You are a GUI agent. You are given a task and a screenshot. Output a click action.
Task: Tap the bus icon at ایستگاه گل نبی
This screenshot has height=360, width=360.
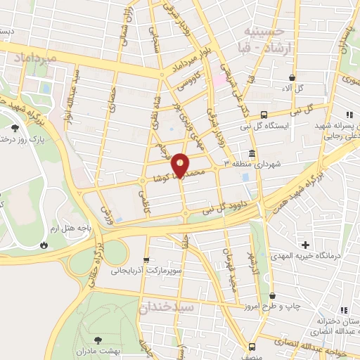[264, 115]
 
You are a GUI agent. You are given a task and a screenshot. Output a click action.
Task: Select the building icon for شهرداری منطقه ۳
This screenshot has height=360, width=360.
[252, 154]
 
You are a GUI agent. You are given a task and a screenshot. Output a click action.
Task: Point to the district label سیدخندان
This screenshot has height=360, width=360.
[166, 307]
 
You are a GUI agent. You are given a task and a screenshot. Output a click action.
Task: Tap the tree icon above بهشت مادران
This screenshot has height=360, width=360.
[97, 339]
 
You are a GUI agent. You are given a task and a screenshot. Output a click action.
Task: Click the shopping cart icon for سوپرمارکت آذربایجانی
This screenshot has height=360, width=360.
[146, 259]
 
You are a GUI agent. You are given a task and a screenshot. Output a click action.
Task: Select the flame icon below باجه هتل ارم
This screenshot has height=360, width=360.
[44, 245]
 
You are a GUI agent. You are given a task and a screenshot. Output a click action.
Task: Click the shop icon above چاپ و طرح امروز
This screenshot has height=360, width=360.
[272, 296]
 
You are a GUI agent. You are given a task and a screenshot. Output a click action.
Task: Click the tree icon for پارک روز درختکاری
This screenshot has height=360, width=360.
[16, 128]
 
